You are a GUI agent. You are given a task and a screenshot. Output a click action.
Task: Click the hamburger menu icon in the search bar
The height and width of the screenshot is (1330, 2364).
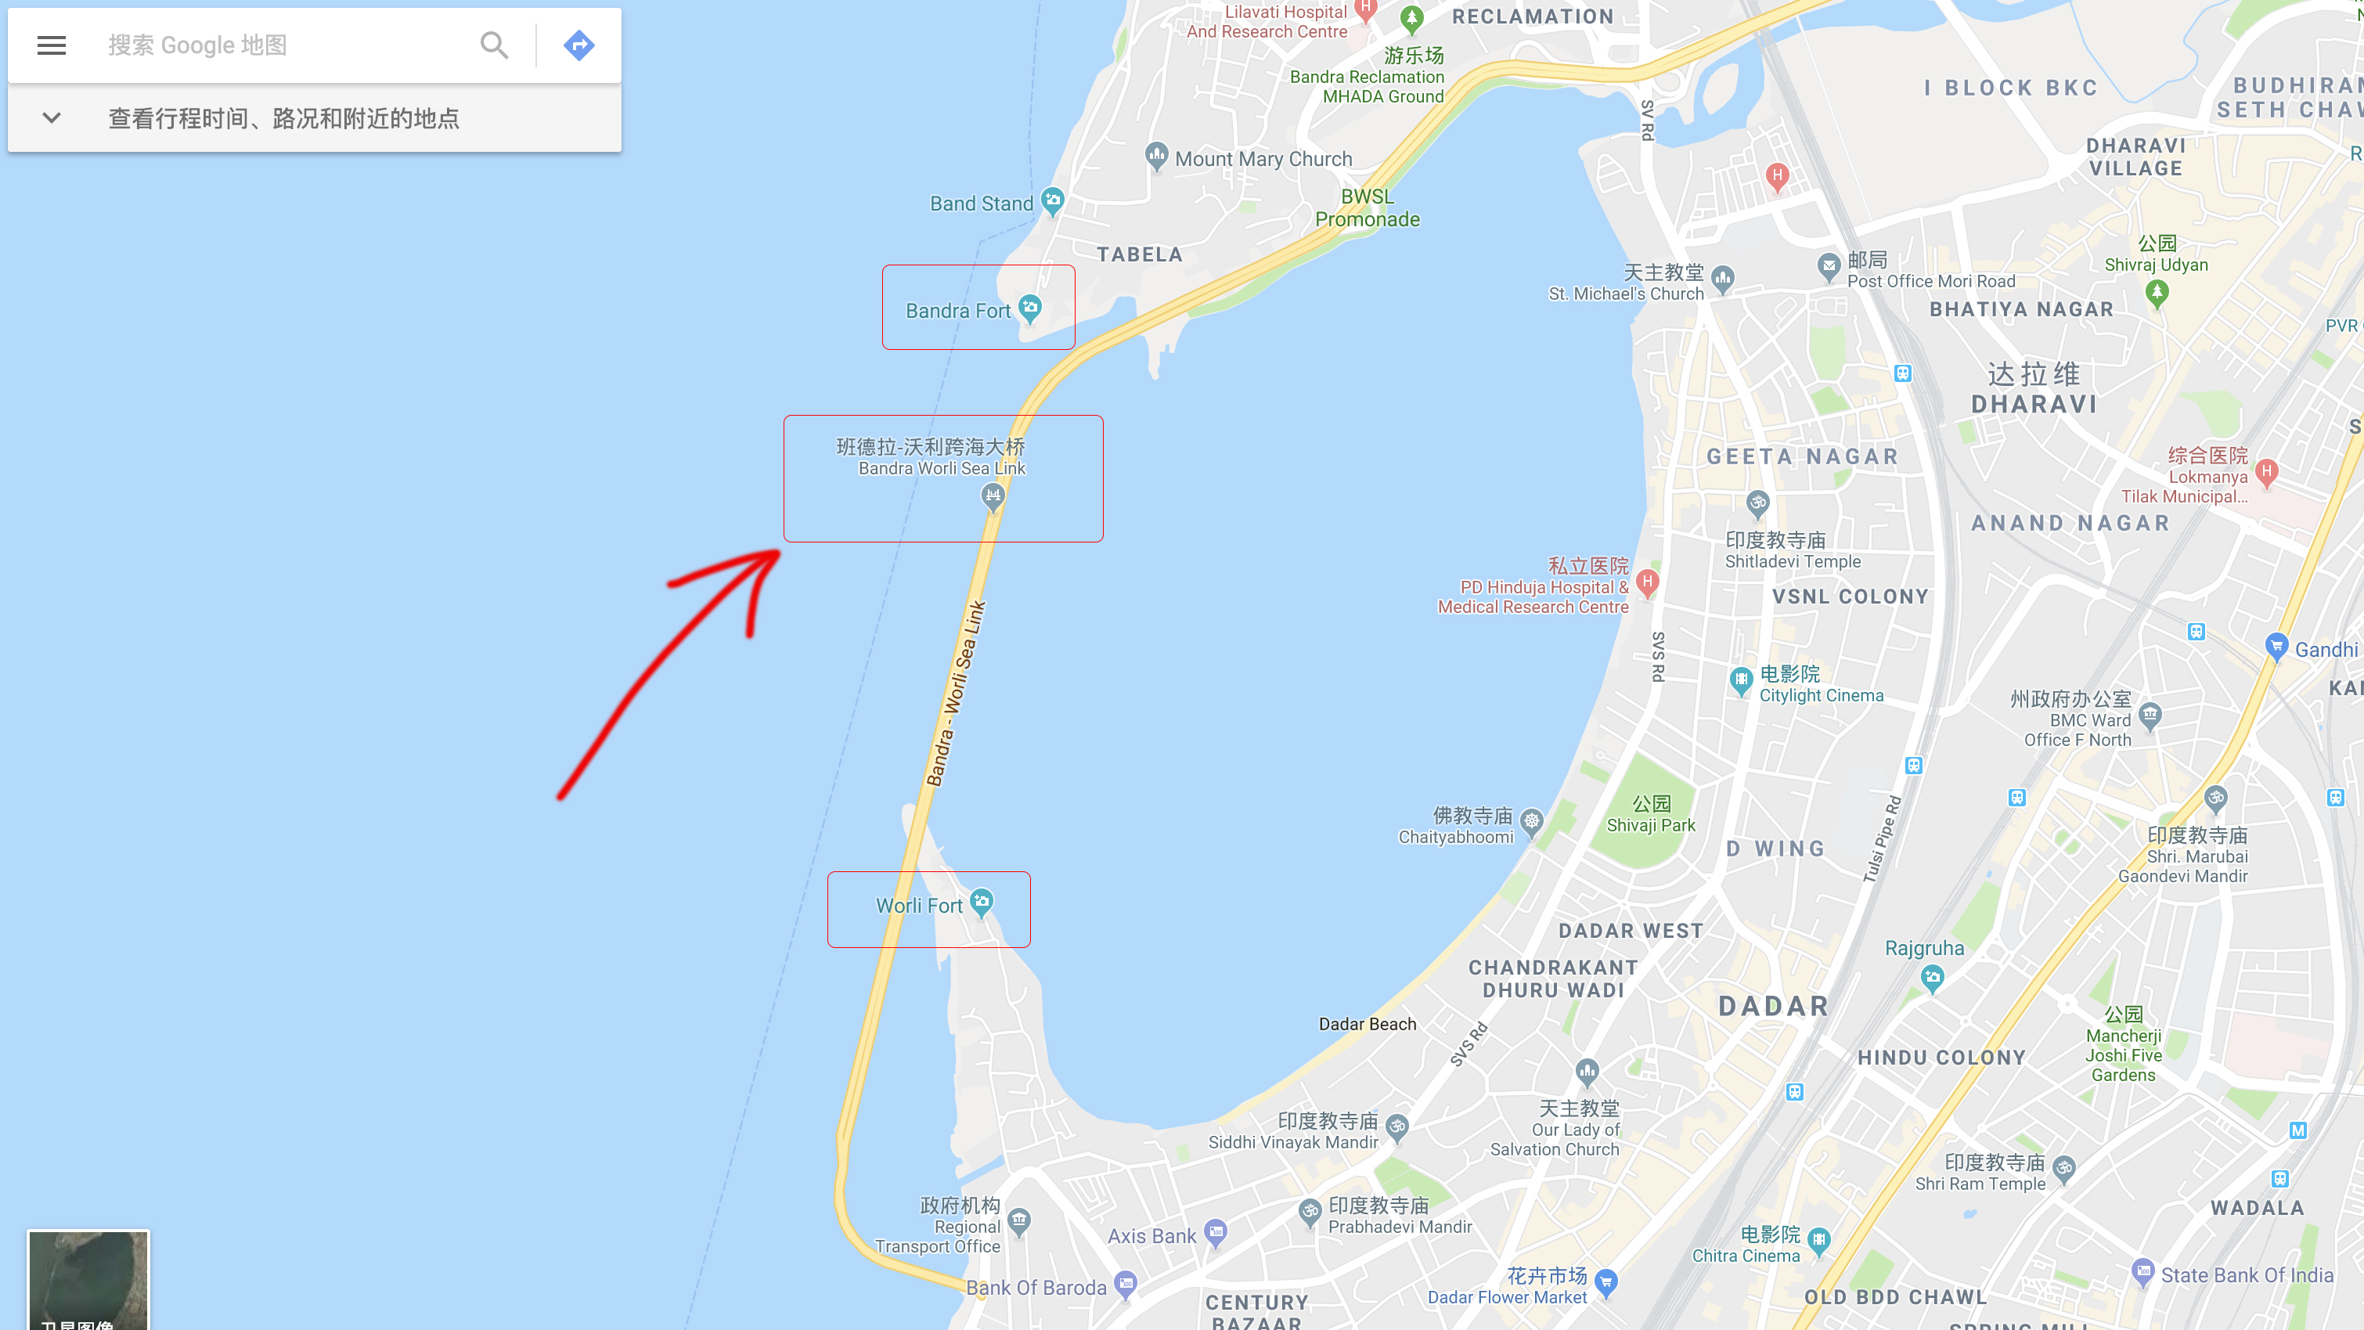click(x=52, y=45)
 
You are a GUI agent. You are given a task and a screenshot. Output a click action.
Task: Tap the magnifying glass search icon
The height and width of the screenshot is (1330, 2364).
click(x=494, y=45)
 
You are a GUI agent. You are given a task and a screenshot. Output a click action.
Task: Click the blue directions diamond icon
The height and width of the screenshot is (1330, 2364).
click(x=579, y=45)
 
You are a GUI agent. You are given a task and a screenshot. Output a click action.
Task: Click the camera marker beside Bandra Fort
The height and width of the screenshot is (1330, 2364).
click(x=1031, y=308)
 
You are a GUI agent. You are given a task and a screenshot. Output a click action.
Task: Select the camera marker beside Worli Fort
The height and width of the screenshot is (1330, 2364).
click(x=982, y=903)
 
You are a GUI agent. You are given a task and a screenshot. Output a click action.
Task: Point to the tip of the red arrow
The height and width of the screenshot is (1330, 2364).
click(x=778, y=552)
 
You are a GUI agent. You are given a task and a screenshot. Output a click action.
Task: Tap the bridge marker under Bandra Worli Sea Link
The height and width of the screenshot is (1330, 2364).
click(x=993, y=496)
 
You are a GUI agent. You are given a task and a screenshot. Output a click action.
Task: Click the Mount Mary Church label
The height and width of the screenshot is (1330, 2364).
click(x=1263, y=159)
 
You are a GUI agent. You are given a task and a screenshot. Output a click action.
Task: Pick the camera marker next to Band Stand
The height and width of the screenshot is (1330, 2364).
click(x=1053, y=201)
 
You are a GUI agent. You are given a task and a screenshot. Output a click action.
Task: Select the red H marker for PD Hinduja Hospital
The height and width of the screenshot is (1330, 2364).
click(x=1647, y=582)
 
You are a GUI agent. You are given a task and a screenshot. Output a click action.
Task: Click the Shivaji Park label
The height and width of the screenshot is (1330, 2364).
click(x=1650, y=824)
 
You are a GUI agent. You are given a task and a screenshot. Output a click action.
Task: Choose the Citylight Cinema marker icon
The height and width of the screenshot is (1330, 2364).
click(x=1741, y=681)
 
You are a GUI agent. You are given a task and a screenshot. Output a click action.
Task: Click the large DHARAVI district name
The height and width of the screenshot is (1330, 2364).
click(x=2034, y=403)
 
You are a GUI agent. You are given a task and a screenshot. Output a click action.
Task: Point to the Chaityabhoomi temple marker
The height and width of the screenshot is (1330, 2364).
click(x=1532, y=821)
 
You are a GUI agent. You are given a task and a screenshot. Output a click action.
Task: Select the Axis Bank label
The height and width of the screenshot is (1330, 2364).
click(x=1151, y=1235)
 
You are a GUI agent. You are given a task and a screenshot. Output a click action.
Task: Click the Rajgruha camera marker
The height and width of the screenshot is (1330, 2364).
click(x=1932, y=979)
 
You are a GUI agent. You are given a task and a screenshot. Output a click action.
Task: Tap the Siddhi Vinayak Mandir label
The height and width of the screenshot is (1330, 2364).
click(x=1293, y=1142)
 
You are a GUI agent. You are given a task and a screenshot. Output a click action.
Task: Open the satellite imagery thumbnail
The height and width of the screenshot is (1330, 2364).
click(x=88, y=1281)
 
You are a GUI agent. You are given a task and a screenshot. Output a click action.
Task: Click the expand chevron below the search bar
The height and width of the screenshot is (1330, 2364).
click(x=52, y=117)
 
